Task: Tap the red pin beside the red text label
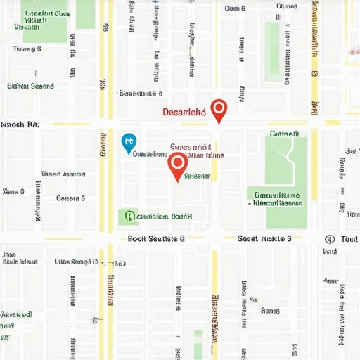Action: pos(219,110)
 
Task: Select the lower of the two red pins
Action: pos(177,165)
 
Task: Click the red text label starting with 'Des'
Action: pos(184,112)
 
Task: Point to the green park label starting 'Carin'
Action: pos(284,133)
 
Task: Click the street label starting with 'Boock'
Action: pos(156,239)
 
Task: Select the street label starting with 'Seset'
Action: pos(264,239)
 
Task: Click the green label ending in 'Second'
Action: pos(30,86)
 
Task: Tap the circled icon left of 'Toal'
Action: pos(330,239)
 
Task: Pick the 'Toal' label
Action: pos(349,239)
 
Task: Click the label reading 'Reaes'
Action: pos(270,310)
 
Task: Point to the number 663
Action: pos(119,264)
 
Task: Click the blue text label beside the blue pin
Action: pos(149,153)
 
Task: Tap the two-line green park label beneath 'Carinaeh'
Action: pos(276,199)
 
